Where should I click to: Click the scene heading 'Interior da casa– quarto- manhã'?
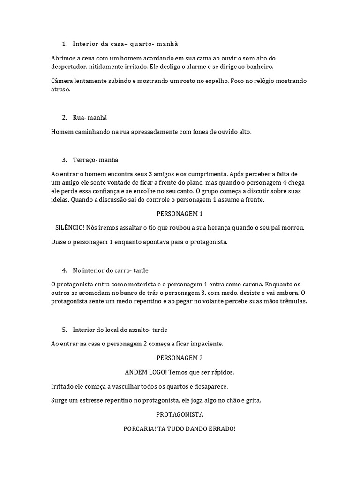(x=125, y=44)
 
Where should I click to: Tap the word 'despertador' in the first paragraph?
(x=69, y=67)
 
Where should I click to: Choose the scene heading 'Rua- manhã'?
(x=93, y=117)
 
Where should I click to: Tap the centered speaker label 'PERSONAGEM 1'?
(x=180, y=214)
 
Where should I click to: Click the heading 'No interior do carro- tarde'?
(x=111, y=270)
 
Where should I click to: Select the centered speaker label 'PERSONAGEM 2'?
(x=180, y=358)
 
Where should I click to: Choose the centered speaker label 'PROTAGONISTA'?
(x=180, y=415)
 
